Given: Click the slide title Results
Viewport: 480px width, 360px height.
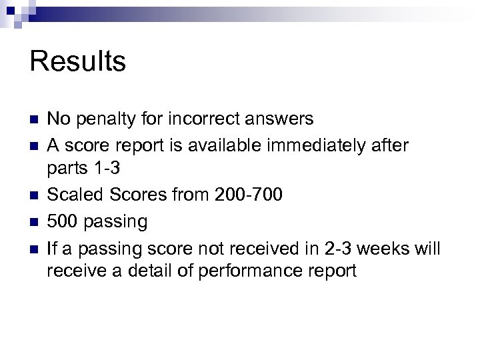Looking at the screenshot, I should pos(78,62).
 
